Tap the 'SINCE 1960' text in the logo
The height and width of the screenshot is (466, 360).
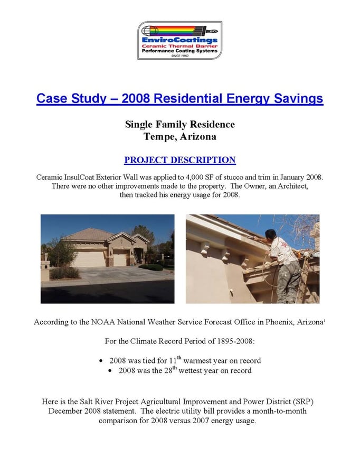click(x=180, y=55)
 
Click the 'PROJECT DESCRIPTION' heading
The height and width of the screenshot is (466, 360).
click(x=179, y=160)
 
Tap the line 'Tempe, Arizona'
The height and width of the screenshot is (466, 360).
click(x=179, y=136)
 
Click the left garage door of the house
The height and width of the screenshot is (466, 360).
click(x=89, y=259)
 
